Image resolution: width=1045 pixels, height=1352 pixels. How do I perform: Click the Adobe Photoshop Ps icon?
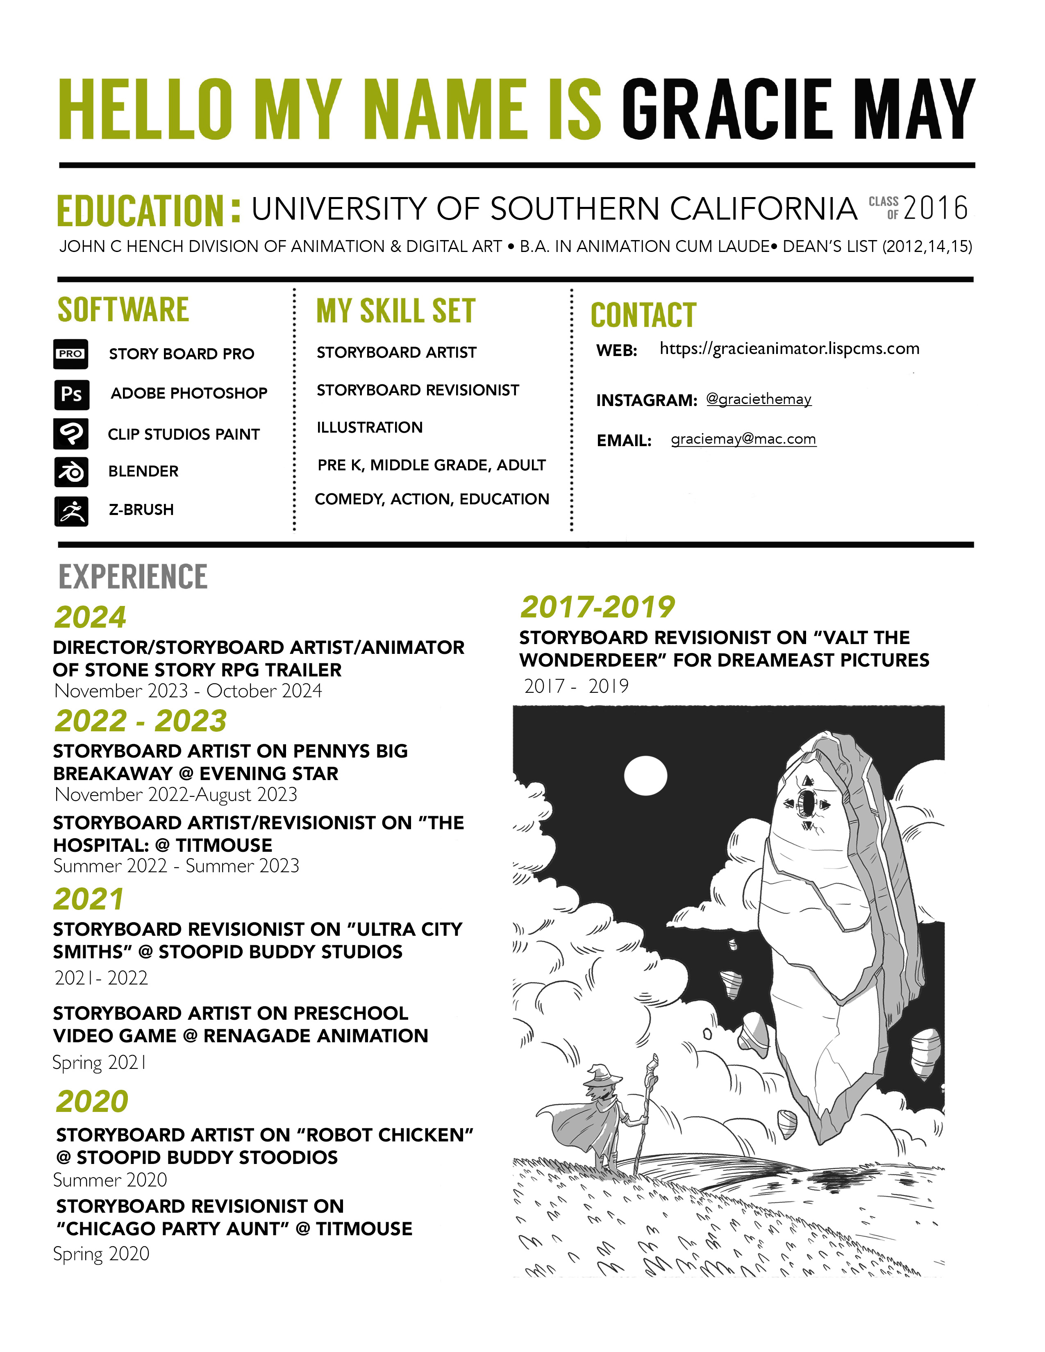(x=72, y=394)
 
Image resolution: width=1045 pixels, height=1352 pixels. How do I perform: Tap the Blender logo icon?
(x=71, y=472)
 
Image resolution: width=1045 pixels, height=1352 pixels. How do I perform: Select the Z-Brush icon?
(x=71, y=511)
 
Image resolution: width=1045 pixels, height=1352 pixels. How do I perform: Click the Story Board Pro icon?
(x=70, y=354)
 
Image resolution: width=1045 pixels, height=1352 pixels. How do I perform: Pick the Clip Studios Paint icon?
(x=71, y=433)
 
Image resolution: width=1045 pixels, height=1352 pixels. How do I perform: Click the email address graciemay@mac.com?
(x=743, y=439)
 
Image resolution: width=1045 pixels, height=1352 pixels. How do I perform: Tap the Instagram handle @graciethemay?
(x=759, y=399)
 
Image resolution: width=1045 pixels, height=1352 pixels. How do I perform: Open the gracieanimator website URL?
(x=789, y=349)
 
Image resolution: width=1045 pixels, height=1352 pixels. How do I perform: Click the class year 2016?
(x=935, y=208)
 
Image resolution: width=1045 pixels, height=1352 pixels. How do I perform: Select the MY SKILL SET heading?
(x=395, y=311)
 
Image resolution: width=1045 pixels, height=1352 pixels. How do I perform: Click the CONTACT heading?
(x=643, y=315)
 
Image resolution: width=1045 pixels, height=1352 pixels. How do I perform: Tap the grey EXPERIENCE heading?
(x=133, y=577)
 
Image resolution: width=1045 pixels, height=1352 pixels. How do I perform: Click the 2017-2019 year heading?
(x=597, y=607)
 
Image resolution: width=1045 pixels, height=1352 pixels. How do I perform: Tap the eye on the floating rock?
(x=807, y=803)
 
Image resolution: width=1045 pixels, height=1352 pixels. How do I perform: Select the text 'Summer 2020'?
(x=110, y=1180)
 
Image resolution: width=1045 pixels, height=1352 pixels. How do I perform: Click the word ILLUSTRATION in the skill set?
(x=370, y=427)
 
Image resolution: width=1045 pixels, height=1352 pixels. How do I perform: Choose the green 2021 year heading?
(x=89, y=899)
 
